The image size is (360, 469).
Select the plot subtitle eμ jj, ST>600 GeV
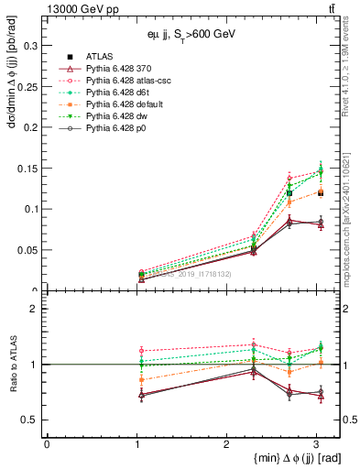tap(180, 37)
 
